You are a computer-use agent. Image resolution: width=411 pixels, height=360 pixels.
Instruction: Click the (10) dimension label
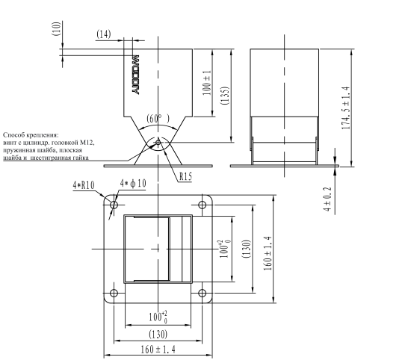tap(58, 28)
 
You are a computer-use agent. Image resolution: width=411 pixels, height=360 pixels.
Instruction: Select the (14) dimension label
tap(104, 34)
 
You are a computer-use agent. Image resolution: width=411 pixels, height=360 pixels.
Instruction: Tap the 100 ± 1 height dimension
tap(207, 83)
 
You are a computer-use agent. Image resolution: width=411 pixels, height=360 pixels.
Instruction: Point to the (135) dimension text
tap(226, 96)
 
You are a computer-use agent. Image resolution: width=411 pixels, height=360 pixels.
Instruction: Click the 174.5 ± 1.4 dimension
tap(346, 108)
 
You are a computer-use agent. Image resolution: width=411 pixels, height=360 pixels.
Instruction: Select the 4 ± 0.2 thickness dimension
tap(327, 199)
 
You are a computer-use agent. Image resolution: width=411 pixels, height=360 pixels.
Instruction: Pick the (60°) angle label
tap(158, 119)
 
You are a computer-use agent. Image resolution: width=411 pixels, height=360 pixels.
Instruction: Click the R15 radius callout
tap(186, 176)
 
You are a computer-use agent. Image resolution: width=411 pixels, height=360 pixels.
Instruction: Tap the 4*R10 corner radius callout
tap(84, 185)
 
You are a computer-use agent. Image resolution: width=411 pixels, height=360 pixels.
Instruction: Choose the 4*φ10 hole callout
tap(133, 183)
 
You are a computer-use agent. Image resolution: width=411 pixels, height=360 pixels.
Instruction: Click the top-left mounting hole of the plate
tap(114, 205)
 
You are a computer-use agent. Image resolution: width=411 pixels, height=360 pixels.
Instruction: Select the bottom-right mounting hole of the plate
tap(202, 293)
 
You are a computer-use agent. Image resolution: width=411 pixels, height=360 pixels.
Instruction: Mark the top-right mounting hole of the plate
tap(202, 205)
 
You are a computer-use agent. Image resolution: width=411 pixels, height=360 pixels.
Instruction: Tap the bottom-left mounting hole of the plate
tap(114, 293)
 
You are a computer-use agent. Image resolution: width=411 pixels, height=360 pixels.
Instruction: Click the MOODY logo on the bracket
tap(135, 75)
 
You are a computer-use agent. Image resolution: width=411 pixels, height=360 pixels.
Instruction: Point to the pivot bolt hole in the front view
tap(158, 143)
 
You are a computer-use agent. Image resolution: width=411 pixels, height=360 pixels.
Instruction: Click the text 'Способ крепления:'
tap(31, 135)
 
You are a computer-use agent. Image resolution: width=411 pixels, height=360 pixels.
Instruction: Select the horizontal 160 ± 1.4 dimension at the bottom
tap(158, 350)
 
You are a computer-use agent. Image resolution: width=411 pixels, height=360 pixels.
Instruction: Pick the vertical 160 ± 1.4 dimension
tap(268, 254)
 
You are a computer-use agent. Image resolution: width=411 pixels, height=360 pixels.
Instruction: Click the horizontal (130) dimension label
tap(158, 335)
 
